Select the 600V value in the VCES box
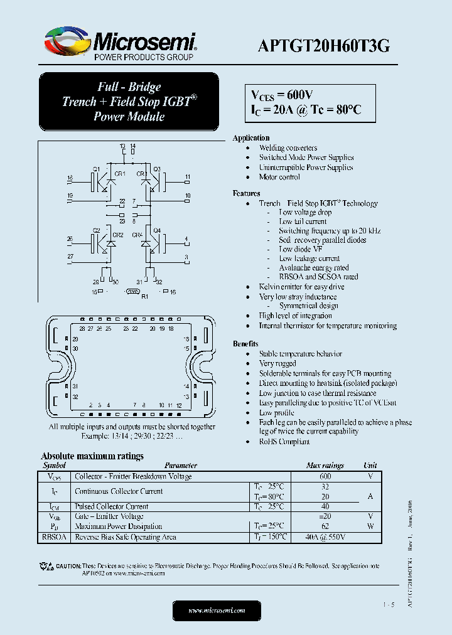[299, 95]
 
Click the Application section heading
[251, 137]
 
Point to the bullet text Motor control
[279, 177]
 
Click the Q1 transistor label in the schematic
[96, 169]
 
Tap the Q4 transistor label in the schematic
[157, 230]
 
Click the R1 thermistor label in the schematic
[144, 296]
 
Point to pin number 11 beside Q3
[187, 178]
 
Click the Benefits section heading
[245, 344]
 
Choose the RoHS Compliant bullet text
[284, 441]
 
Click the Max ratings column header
[325, 466]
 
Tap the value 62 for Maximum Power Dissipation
[325, 526]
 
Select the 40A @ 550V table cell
[325, 537]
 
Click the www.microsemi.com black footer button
[217, 610]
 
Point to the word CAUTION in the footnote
[68, 566]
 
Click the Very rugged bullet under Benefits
[277, 363]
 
